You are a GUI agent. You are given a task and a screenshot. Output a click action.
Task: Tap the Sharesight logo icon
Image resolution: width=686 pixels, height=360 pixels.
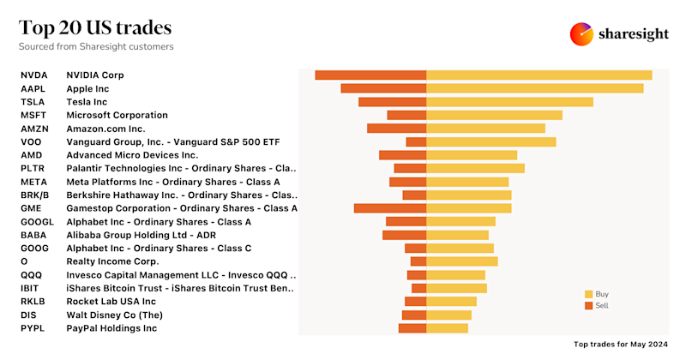(582, 33)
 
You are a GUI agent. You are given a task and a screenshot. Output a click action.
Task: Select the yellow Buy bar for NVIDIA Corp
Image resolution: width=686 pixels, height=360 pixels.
(539, 75)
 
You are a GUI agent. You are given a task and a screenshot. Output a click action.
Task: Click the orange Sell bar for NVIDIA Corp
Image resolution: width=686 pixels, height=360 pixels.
(370, 75)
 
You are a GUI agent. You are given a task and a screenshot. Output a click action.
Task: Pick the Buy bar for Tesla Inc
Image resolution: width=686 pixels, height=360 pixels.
(509, 102)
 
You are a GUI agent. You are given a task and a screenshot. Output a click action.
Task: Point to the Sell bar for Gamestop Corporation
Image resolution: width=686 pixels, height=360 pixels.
(390, 208)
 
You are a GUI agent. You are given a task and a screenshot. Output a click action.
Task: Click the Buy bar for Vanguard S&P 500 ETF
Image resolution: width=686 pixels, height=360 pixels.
(491, 141)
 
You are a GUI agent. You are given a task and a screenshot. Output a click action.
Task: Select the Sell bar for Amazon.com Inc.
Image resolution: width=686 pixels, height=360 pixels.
(396, 129)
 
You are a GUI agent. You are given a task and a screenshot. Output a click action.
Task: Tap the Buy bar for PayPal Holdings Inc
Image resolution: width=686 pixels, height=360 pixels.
(448, 327)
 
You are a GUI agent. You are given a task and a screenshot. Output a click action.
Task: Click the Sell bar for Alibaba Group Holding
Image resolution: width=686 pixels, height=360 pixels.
(404, 235)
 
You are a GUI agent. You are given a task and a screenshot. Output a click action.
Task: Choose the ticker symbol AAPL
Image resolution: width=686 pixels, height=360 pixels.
(33, 88)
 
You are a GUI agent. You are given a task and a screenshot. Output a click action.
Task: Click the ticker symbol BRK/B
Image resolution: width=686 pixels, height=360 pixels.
(34, 195)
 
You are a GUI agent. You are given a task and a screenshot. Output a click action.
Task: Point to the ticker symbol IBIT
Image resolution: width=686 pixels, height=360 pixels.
(29, 288)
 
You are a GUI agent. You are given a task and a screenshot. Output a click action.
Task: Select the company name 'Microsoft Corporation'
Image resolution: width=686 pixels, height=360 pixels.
(117, 115)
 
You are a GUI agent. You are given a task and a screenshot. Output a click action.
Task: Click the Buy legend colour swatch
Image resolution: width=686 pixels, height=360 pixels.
(588, 294)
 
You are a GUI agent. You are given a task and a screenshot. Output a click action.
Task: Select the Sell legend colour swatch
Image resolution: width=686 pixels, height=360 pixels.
(588, 305)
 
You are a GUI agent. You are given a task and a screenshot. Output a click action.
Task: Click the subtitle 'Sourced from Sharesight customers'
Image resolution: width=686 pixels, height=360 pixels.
(96, 46)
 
